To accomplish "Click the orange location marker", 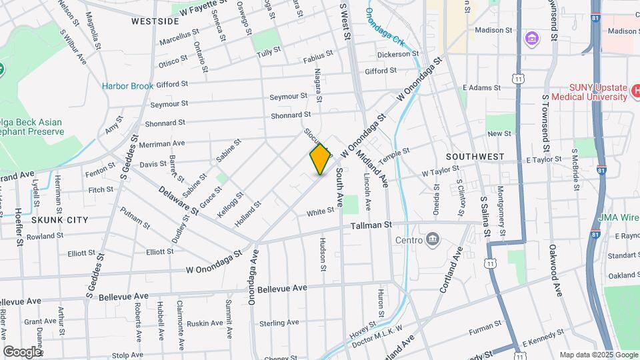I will tap(320, 159).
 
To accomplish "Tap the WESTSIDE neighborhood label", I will tap(155, 21).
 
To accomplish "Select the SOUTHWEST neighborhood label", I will tap(475, 157).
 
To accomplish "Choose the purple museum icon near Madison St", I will tap(531, 37).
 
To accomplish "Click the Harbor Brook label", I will tap(127, 86).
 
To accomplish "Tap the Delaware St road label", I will tap(179, 200).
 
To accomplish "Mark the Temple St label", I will tap(393, 158).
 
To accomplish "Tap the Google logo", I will tap(22, 351).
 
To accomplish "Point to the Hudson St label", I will tap(323, 254).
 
